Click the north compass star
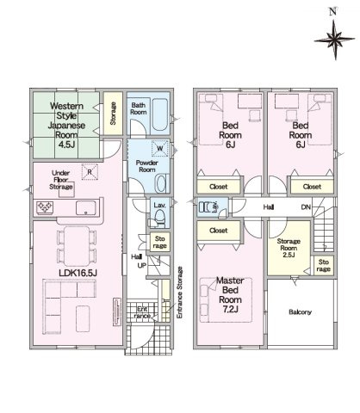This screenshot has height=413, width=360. (335, 40)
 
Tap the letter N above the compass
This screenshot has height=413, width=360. (332, 12)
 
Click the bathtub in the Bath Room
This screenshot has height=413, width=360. (159, 114)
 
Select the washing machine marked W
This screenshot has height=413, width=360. (160, 148)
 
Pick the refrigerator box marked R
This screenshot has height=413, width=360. (90, 172)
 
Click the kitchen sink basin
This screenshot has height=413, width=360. (85, 208)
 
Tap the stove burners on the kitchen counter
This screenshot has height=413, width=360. (45, 207)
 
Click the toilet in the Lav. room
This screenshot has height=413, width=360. (159, 219)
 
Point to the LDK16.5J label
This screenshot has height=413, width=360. (78, 273)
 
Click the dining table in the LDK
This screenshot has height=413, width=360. (77, 246)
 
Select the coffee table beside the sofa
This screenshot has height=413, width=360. (83, 318)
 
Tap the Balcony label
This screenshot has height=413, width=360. (301, 312)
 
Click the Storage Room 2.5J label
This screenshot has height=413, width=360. (289, 248)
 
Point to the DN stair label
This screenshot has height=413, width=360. (306, 206)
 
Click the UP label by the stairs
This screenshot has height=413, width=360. (142, 266)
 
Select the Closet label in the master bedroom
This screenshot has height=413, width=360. (219, 231)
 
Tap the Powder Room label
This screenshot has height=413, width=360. (147, 166)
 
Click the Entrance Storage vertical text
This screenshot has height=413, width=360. (180, 293)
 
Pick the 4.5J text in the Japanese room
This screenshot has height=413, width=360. (66, 145)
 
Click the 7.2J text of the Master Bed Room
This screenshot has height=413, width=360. (230, 310)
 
